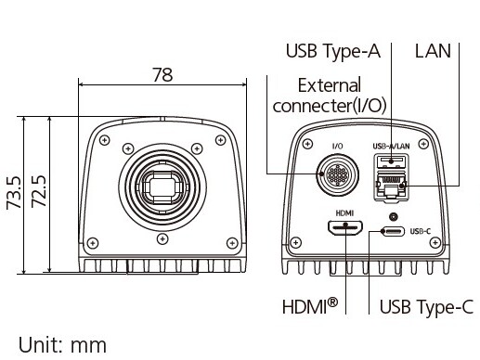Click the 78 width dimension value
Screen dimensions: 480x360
(x=162, y=75)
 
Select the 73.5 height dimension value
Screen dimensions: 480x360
(x=15, y=193)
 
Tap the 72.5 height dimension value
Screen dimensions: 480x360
(x=39, y=192)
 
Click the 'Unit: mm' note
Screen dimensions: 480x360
(x=62, y=345)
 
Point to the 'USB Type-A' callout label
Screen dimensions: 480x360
(x=333, y=51)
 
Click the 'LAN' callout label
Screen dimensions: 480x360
(x=433, y=51)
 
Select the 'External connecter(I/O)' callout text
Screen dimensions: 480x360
(x=330, y=96)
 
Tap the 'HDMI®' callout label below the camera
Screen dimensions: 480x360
(x=310, y=306)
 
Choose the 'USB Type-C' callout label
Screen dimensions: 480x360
(x=426, y=307)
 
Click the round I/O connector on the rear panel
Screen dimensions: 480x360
(x=338, y=175)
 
